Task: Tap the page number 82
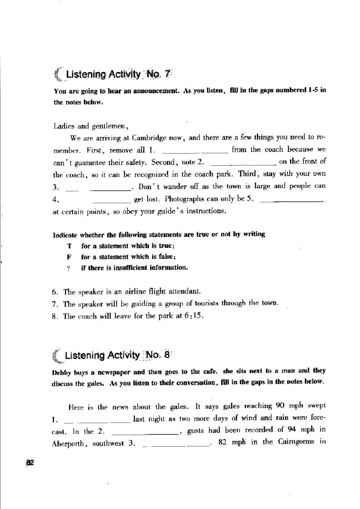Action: [29, 462]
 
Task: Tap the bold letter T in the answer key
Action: [69, 246]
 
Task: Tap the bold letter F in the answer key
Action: [69, 257]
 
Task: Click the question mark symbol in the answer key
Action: [69, 268]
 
